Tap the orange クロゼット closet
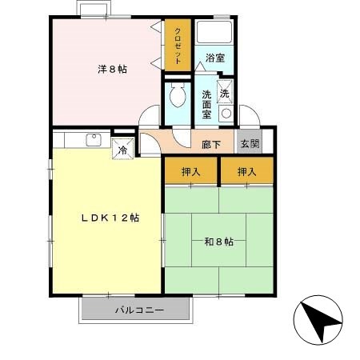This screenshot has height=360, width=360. click(x=177, y=46)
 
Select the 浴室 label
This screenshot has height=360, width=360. click(x=214, y=58)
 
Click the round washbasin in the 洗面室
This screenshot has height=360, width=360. click(x=226, y=113)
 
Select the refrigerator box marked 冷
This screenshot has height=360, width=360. click(x=123, y=148)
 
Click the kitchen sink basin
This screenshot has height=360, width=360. click(x=93, y=141)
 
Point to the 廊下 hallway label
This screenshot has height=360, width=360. click(x=212, y=144)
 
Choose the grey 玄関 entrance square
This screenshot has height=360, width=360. click(x=249, y=144)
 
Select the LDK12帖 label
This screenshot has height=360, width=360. click(x=109, y=218)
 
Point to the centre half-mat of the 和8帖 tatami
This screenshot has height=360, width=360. click(x=218, y=240)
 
